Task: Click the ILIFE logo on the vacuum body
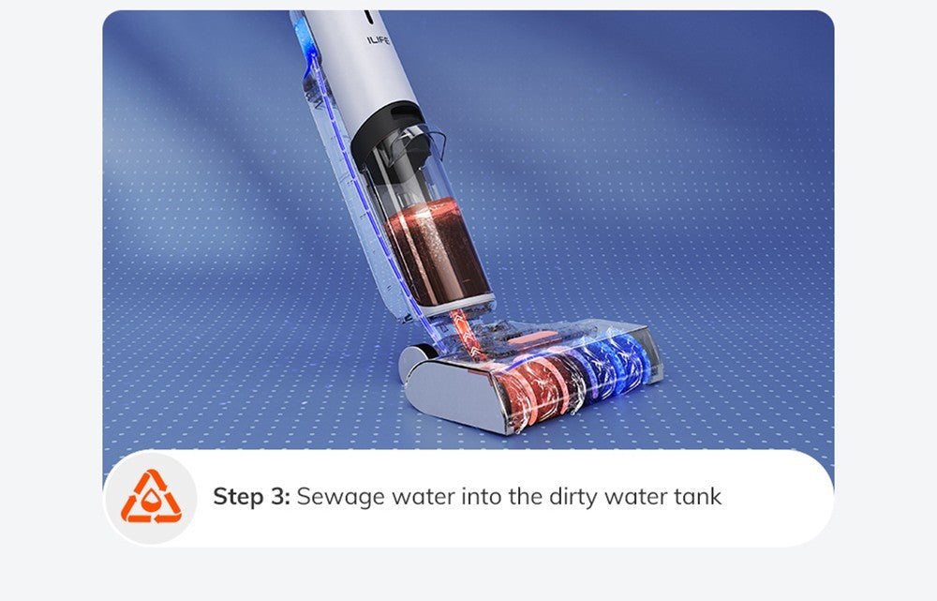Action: point(379,40)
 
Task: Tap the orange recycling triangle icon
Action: point(151,497)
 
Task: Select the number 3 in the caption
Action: point(278,497)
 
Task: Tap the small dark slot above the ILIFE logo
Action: point(368,17)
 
